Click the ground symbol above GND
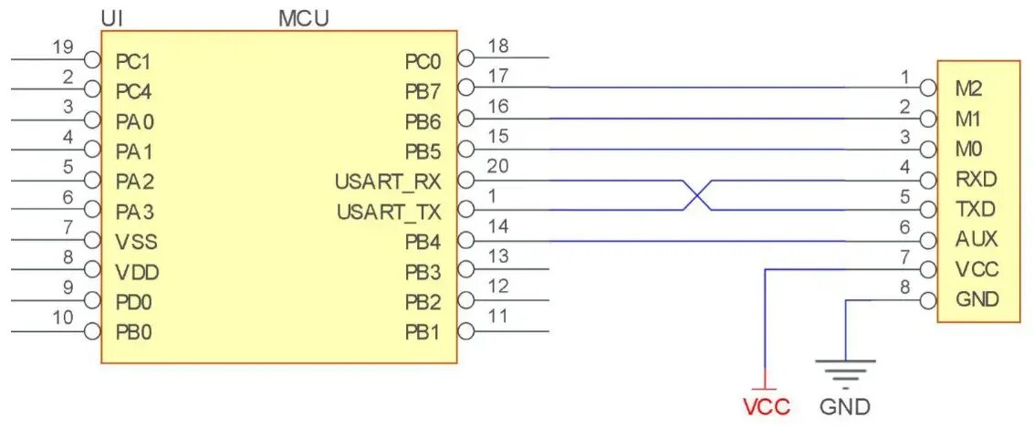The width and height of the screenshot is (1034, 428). [845, 371]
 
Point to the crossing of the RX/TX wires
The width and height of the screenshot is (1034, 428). [697, 195]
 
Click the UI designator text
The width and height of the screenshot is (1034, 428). [115, 17]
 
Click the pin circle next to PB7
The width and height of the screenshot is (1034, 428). [465, 88]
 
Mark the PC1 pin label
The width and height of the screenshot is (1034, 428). [133, 62]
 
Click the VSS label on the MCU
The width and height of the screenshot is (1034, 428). [137, 242]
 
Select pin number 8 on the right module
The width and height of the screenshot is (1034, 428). [904, 285]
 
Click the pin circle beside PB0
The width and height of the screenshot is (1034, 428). [91, 330]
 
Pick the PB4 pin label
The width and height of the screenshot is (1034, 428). [423, 242]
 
